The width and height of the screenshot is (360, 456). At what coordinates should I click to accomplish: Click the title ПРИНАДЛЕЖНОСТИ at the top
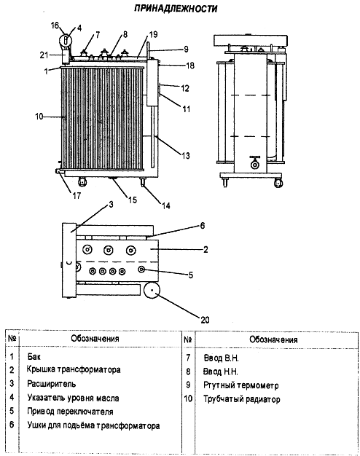point(176,9)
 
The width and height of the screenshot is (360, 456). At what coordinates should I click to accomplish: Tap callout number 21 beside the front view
point(44,55)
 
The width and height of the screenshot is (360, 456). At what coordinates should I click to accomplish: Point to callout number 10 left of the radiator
point(39,117)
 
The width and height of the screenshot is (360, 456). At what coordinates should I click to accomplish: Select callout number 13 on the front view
point(186,156)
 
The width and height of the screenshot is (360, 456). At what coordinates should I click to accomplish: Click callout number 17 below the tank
point(77,195)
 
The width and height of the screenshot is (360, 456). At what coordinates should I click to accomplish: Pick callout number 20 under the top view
point(205,320)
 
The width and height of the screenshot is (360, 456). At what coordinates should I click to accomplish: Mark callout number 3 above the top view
point(111,205)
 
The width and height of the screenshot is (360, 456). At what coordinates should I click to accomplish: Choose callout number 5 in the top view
point(191,275)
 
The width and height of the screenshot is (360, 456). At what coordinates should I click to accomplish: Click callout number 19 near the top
point(153,35)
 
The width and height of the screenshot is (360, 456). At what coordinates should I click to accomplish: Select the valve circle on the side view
point(255,165)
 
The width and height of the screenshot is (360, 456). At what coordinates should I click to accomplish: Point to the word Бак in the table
point(34,356)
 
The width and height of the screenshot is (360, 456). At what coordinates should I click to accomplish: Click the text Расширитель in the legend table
point(52,384)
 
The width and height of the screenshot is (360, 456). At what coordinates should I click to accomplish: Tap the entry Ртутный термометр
point(241,385)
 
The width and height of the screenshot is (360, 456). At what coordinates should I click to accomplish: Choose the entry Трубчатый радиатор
point(241,399)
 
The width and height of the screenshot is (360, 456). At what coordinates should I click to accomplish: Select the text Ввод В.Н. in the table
point(222,358)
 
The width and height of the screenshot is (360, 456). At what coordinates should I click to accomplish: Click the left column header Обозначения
point(95,339)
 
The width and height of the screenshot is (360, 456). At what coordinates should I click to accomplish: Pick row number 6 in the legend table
point(12,425)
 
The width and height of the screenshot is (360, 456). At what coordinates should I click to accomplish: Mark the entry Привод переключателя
point(70,412)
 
